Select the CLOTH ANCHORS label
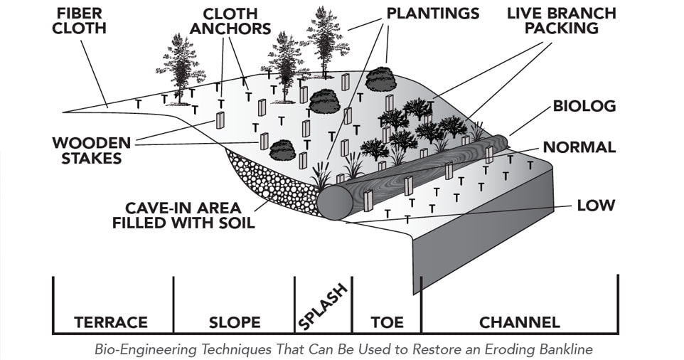point(237,21)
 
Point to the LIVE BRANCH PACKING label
point(562,21)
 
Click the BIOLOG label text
point(584,106)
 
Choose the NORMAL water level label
point(579,147)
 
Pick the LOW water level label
point(596,206)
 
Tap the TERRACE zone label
point(111,322)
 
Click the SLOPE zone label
point(235,322)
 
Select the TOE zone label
point(387,322)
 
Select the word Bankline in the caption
point(564,349)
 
